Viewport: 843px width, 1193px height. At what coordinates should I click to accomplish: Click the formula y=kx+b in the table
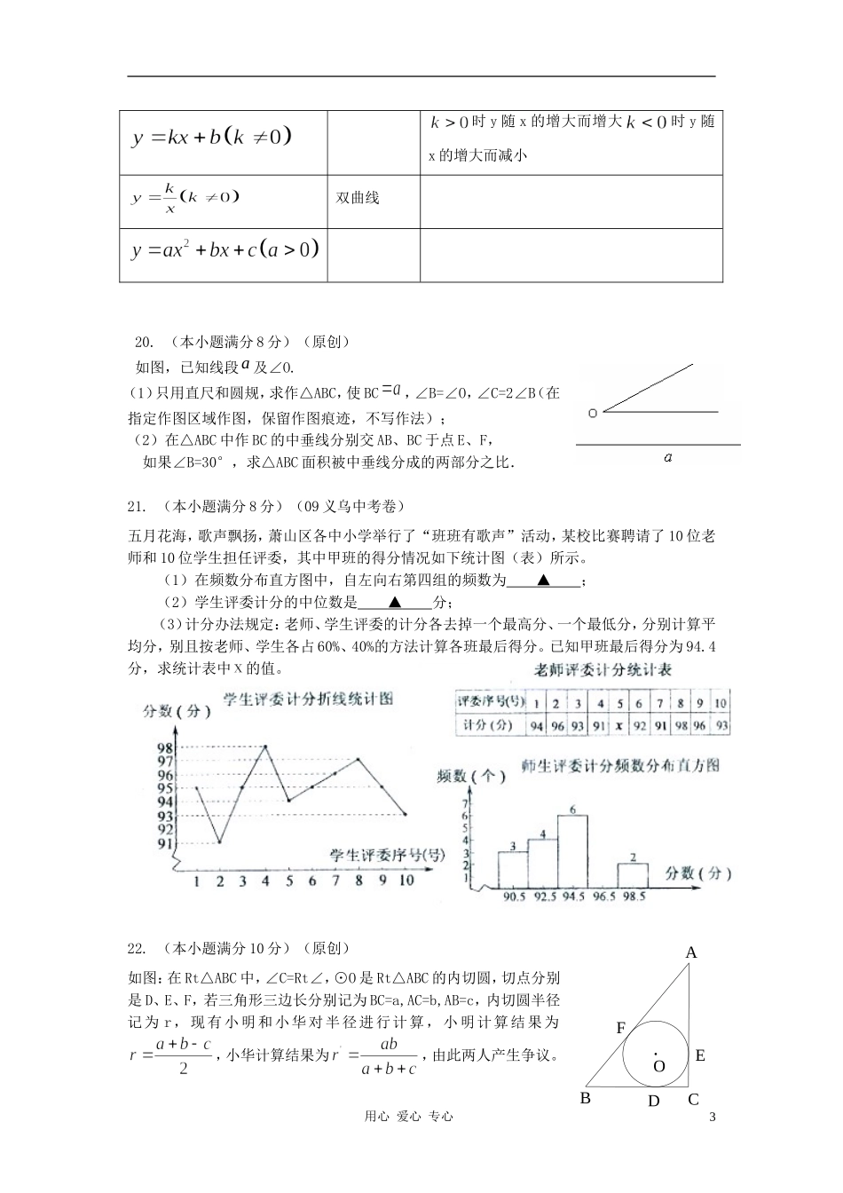tap(211, 137)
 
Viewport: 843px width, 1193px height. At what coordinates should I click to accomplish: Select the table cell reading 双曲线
tap(358, 198)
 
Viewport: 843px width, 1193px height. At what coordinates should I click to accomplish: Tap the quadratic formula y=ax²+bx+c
tap(225, 250)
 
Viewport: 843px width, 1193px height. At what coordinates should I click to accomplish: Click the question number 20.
tap(144, 342)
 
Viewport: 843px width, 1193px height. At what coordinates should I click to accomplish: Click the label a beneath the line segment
tap(667, 457)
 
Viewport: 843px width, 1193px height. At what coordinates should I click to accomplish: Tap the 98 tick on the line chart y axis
tap(165, 747)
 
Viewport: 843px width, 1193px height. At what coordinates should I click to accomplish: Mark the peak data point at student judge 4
tap(264, 747)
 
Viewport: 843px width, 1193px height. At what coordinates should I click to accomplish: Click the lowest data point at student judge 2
tap(219, 841)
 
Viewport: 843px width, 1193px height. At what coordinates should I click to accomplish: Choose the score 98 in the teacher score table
tap(680, 725)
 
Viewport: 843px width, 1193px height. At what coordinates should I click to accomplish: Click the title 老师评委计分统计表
tap(603, 671)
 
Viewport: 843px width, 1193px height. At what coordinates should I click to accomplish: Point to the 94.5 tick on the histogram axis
tap(572, 897)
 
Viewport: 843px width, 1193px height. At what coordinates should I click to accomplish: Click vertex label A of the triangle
tap(691, 952)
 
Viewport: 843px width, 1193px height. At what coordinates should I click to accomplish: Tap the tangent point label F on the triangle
tap(621, 1028)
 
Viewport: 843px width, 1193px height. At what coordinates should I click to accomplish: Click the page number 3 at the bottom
tap(712, 1117)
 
